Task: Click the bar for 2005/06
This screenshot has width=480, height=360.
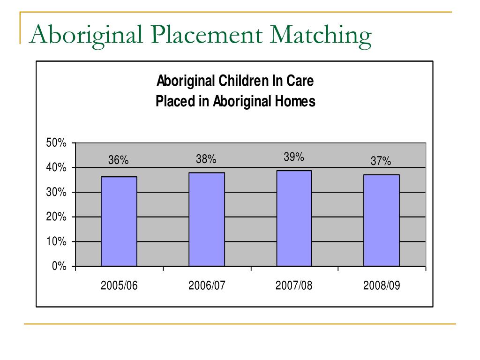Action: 119,221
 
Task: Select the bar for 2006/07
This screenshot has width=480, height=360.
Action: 207,219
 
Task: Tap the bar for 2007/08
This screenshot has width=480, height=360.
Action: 294,218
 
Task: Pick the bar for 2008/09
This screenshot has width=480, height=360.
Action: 382,220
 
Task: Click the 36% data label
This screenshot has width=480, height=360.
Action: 119,160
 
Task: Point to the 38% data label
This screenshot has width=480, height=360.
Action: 206,159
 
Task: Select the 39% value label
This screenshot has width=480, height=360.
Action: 294,157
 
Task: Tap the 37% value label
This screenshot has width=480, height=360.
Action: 381,161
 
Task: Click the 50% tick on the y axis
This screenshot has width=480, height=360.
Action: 56,142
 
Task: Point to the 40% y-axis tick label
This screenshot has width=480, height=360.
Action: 56,167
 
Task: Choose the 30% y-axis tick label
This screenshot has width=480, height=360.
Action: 56,192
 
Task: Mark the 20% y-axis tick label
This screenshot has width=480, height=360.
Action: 56,217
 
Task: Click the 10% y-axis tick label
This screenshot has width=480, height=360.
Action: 56,241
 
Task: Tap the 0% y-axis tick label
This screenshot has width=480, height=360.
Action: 59,266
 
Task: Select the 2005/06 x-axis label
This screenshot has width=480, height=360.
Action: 119,285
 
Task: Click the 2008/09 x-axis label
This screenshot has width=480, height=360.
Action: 382,285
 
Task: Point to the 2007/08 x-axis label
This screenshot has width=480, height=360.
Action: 294,285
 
